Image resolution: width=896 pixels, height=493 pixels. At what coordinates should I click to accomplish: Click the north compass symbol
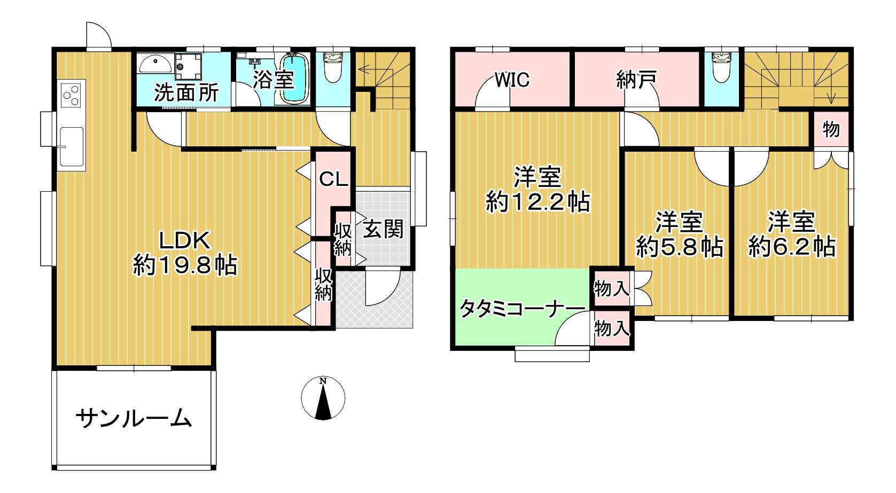pyautogui.click(x=323, y=398)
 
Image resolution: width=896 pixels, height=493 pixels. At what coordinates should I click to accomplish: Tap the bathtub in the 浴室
pyautogui.click(x=294, y=79)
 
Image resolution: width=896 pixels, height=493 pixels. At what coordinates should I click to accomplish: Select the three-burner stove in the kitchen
pyautogui.click(x=71, y=95)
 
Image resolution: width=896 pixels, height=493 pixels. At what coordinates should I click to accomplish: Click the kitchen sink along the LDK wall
pyautogui.click(x=72, y=146)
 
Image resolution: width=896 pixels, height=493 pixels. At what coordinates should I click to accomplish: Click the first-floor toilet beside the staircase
pyautogui.click(x=333, y=66)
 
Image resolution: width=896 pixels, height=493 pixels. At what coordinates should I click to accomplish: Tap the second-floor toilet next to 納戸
pyautogui.click(x=722, y=67)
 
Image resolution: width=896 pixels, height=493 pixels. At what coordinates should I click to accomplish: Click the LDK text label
pyautogui.click(x=184, y=241)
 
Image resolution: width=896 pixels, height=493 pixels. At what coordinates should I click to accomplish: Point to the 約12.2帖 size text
pyautogui.click(x=537, y=202)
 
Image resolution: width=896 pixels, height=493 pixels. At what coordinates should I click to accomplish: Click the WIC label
pyautogui.click(x=512, y=80)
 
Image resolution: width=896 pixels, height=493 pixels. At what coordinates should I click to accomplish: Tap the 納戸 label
pyautogui.click(x=636, y=80)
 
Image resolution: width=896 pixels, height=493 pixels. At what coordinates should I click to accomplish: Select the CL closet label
pyautogui.click(x=333, y=179)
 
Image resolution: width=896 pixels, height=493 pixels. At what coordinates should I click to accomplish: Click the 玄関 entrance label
pyautogui.click(x=383, y=230)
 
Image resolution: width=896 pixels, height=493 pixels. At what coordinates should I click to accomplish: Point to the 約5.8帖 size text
pyautogui.click(x=679, y=247)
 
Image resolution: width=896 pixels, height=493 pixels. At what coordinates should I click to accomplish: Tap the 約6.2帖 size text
pyautogui.click(x=792, y=247)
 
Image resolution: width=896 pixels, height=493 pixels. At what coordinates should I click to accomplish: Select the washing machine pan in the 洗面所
pyautogui.click(x=188, y=66)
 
